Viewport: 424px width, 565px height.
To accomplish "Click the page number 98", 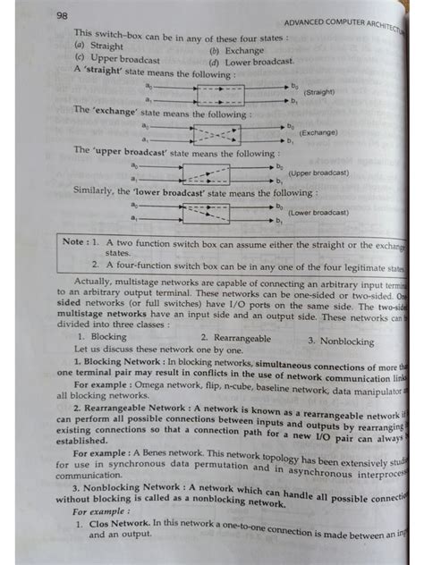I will pyautogui.click(x=62, y=14).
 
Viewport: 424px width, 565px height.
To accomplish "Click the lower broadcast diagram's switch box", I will pyautogui.click(x=207, y=213).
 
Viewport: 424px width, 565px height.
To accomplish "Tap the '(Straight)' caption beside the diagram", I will pyautogui.click(x=319, y=92).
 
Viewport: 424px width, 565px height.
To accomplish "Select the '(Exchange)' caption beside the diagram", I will pyautogui.click(x=318, y=132).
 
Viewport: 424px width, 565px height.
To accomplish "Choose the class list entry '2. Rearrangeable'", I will pyautogui.click(x=235, y=338).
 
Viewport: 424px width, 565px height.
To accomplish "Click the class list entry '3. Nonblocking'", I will pyautogui.click(x=341, y=341).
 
